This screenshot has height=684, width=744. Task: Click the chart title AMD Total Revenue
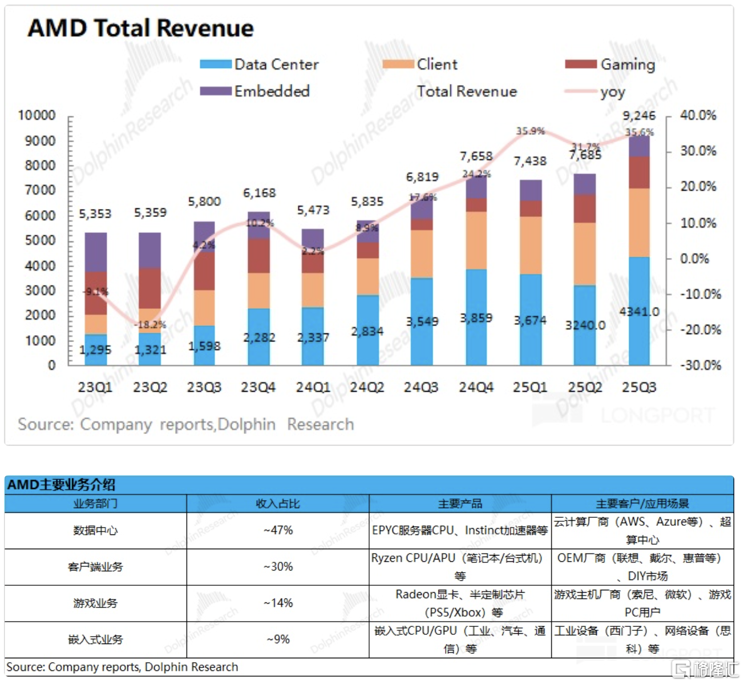pyautogui.click(x=140, y=28)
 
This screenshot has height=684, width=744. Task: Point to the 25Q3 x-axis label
pyautogui.click(x=639, y=387)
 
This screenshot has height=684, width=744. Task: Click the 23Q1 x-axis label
pyautogui.click(x=95, y=387)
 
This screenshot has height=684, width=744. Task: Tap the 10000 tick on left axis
pyautogui.click(x=37, y=115)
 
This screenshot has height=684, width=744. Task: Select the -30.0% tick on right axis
pyautogui.click(x=700, y=365)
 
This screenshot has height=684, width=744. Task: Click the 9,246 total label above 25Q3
pyautogui.click(x=639, y=116)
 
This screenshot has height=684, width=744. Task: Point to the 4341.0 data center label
pyautogui.click(x=639, y=312)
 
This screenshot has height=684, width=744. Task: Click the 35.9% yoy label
pyautogui.click(x=531, y=131)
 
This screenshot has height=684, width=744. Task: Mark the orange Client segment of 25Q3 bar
pyautogui.click(x=639, y=223)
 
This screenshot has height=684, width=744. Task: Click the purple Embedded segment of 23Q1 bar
pyautogui.click(x=96, y=251)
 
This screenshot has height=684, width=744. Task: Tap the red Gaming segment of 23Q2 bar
pyautogui.click(x=149, y=288)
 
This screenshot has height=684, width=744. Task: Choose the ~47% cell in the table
pyautogui.click(x=278, y=530)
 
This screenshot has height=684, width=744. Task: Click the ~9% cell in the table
pyautogui.click(x=278, y=639)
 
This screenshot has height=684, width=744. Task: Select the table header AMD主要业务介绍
pyautogui.click(x=61, y=485)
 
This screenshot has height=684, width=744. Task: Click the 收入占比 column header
pyautogui.click(x=278, y=504)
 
